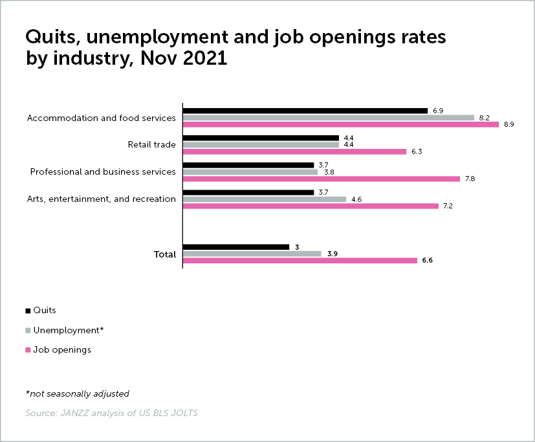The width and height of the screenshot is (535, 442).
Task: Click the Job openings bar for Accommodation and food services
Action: (x=341, y=124)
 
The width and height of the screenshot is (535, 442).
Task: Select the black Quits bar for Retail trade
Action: (x=261, y=138)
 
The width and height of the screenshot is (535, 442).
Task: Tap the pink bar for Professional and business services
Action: (x=321, y=179)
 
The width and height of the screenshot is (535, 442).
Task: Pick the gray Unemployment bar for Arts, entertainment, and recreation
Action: (x=265, y=199)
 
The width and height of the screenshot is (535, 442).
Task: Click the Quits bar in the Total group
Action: (x=236, y=247)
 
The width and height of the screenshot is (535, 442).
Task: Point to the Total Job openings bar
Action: (x=300, y=260)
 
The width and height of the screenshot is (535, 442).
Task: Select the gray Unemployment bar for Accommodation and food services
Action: (x=329, y=118)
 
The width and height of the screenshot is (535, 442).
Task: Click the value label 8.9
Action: (x=508, y=124)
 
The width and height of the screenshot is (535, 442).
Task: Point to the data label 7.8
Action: (x=469, y=179)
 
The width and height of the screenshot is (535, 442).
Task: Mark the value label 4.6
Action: (x=356, y=199)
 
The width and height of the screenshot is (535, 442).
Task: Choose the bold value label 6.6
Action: (x=427, y=260)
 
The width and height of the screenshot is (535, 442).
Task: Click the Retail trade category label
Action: (x=151, y=144)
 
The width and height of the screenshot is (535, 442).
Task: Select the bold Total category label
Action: (x=164, y=254)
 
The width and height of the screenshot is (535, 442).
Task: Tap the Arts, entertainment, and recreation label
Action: (x=102, y=199)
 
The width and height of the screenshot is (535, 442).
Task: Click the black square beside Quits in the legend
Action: (x=28, y=311)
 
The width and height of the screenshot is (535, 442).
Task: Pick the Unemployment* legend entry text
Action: (x=69, y=330)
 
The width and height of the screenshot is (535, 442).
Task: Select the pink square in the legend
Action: (x=28, y=350)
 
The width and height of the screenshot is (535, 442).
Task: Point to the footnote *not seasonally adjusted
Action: (x=78, y=393)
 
